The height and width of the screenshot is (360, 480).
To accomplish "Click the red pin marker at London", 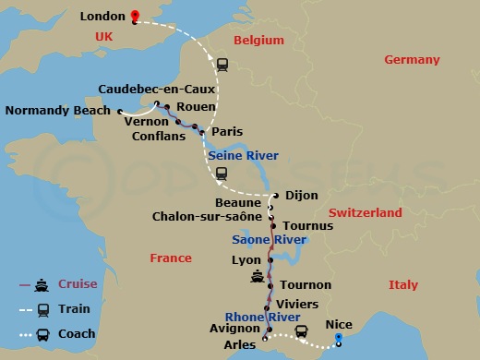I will point(134,16).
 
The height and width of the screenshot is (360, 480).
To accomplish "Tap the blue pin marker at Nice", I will point(339,339).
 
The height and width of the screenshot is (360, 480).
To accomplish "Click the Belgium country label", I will point(258,41).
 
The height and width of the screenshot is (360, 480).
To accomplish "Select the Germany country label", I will point(413,60).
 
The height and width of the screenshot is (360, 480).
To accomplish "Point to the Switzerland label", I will point(366,212).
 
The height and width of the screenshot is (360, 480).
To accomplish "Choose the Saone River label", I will point(269,239).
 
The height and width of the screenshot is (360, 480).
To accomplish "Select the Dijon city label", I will point(302,195).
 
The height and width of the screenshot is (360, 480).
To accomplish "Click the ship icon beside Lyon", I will point(256,275).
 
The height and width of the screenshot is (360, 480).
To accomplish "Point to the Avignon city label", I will point(234,326).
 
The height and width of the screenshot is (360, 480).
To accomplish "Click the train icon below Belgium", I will point(222,65).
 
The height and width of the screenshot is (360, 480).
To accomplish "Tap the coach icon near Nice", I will point(301,331).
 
